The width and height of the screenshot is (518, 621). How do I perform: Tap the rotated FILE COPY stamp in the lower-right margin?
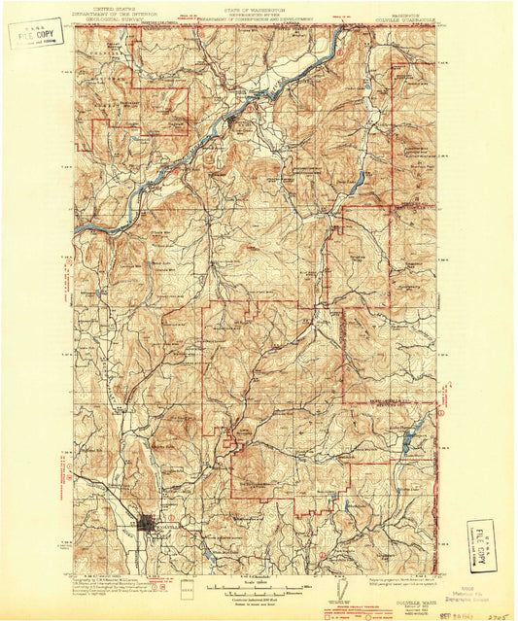(x=480, y=545)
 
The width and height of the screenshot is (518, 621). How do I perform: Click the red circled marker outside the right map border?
(x=440, y=413)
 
